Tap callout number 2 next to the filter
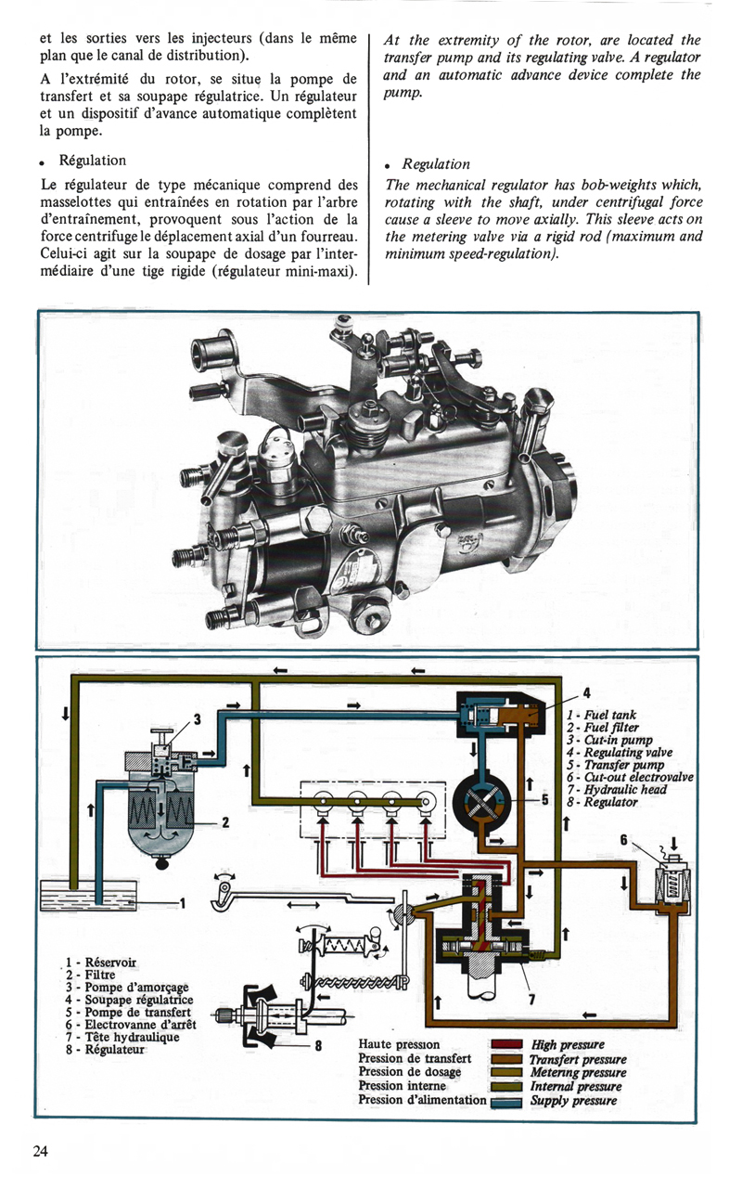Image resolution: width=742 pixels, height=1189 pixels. point(224,821)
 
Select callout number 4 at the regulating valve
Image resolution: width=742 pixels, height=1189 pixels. point(586,691)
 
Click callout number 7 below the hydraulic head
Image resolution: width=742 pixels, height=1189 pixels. point(531,999)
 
